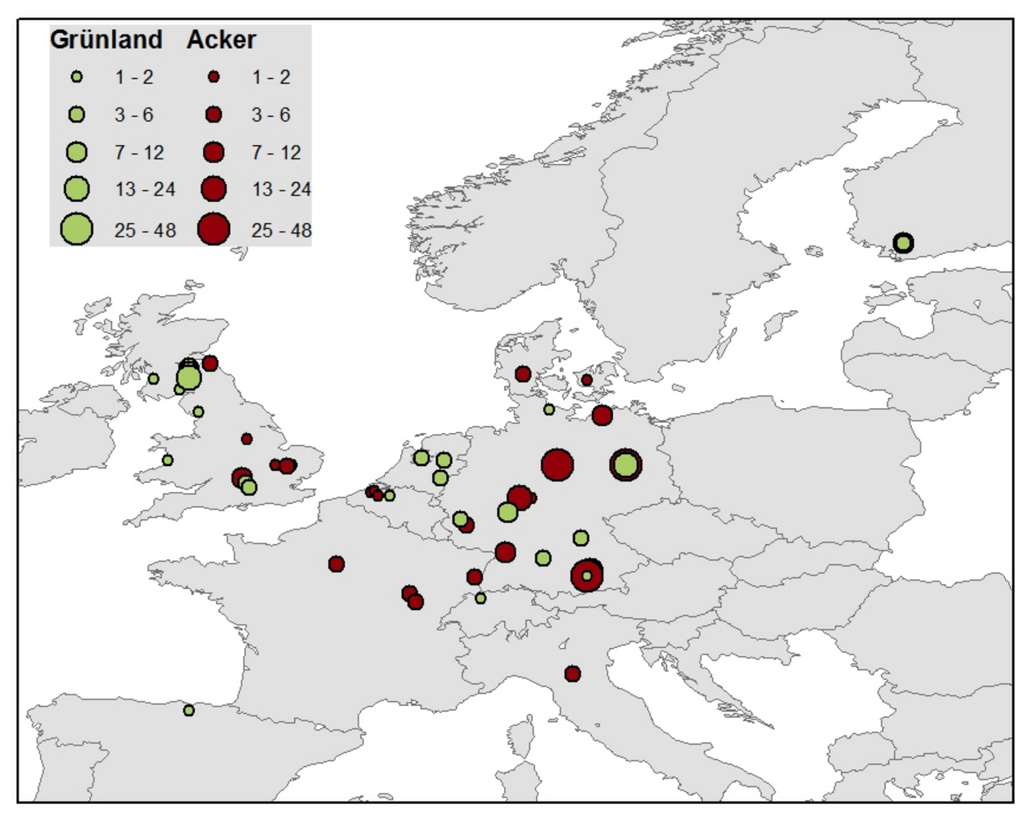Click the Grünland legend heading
tap(106, 39)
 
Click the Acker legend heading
tap(221, 39)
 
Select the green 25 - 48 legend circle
tap(77, 229)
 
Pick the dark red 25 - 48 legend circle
tap(213, 229)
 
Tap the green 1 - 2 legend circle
tap(77, 77)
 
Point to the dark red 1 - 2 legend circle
tap(213, 77)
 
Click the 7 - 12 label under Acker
tap(275, 152)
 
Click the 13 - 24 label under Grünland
tap(145, 189)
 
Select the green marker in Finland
tap(903, 242)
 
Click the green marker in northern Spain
tap(188, 710)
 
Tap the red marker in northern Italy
tap(572, 673)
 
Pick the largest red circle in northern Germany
tap(557, 464)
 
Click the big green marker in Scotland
tap(188, 377)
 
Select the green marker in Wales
tap(168, 460)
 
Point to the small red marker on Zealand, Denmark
tap(586, 380)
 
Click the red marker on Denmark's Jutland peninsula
tap(523, 373)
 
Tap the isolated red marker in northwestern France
tap(337, 563)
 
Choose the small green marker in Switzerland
tap(481, 598)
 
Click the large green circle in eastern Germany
tap(625, 464)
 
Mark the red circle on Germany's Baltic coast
tap(602, 415)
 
